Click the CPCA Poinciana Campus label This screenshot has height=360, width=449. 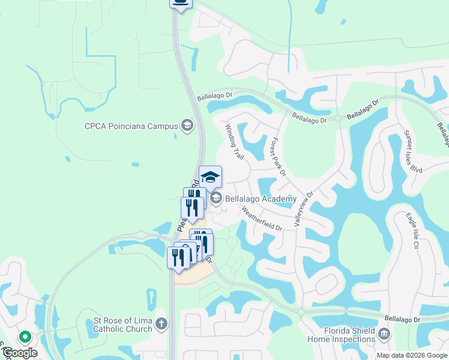click(x=131, y=126)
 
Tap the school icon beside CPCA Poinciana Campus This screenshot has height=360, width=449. click(x=187, y=125)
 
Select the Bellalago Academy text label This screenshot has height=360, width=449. click(x=261, y=199)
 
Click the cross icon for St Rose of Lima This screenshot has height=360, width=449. click(x=161, y=325)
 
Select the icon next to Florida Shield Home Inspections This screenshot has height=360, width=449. click(x=385, y=333)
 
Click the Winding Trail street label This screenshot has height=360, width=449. click(x=234, y=142)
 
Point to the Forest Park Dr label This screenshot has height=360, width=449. click(x=277, y=157)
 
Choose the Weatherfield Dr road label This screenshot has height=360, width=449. click(x=261, y=219)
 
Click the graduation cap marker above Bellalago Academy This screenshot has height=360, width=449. click(x=210, y=177)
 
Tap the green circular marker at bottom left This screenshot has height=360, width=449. click(x=25, y=337)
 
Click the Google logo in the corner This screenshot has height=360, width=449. click(x=19, y=353)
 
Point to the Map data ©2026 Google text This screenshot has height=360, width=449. click(x=412, y=355)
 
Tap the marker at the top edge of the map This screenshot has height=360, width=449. click(x=181, y=3)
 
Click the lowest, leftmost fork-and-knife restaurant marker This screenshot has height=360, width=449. click(x=178, y=258)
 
